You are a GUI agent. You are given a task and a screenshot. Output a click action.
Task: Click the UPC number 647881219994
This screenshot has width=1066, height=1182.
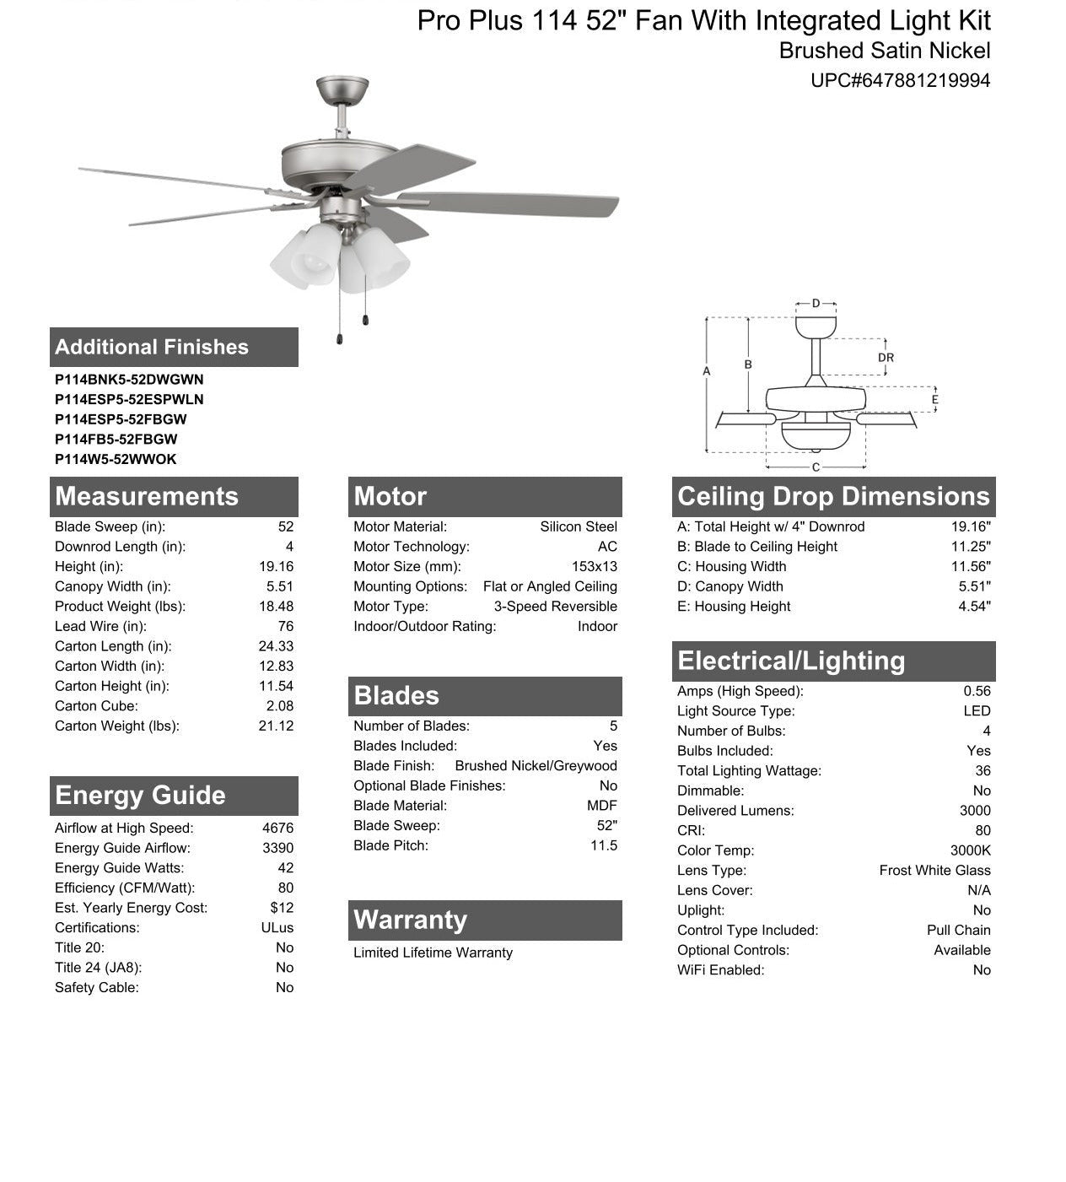click(x=900, y=81)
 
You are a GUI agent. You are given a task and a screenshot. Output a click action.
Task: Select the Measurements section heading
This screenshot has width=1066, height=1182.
click(x=147, y=496)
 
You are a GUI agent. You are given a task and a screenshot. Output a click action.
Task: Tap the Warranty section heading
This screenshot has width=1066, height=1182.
click(x=410, y=920)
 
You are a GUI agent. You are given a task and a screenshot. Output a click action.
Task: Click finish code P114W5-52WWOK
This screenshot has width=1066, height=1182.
click(x=116, y=459)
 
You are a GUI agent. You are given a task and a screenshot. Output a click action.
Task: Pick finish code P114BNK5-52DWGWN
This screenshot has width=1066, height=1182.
click(x=129, y=380)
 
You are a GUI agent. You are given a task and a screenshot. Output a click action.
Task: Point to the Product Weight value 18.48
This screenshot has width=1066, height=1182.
click(x=276, y=607)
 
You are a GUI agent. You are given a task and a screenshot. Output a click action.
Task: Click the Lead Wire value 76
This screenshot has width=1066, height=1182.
click(x=285, y=626)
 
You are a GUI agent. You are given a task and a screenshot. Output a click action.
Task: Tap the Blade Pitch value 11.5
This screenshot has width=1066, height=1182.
click(x=603, y=845)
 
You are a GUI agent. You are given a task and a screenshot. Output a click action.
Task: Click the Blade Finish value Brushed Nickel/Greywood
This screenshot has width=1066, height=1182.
click(x=536, y=766)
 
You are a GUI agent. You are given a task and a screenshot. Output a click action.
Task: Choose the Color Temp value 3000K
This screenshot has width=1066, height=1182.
click(x=970, y=850)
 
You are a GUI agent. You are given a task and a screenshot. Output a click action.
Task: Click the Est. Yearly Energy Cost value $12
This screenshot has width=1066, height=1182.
click(x=282, y=908)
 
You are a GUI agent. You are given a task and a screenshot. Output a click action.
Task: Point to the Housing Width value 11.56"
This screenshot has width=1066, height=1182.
click(x=971, y=567)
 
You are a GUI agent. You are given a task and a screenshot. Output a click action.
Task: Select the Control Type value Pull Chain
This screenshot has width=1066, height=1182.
click(x=958, y=930)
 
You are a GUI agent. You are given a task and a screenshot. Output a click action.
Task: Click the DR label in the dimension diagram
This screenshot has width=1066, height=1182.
click(x=886, y=358)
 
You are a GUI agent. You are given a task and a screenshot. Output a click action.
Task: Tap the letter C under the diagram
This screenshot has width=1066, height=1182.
click(x=816, y=467)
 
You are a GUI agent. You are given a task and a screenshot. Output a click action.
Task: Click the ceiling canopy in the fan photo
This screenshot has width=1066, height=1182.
click(x=342, y=89)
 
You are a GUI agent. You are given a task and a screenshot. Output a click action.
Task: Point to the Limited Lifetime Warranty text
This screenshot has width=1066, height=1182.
click(x=433, y=953)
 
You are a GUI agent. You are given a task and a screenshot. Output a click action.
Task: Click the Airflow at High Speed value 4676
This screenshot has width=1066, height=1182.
click(x=277, y=828)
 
